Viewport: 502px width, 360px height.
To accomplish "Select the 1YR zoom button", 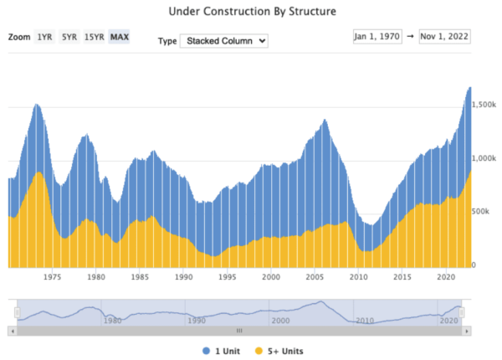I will point(44,38).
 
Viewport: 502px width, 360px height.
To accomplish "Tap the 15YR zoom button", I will point(94,38).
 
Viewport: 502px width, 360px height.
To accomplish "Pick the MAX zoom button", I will point(120,38).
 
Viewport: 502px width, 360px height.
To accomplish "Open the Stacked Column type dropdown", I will point(223,40).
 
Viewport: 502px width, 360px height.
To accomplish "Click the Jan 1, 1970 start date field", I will point(377,37).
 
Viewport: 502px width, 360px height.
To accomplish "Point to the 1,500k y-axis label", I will point(484,105).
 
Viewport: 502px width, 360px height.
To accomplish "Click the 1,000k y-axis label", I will point(484,158).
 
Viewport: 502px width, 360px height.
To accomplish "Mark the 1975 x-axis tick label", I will point(52,275).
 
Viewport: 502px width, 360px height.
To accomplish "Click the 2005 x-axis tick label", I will point(315,275).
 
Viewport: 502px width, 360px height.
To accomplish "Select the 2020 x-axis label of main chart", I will point(446,275).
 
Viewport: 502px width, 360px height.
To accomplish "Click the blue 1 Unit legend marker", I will point(207,350).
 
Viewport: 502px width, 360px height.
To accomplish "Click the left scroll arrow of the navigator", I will point(13,332).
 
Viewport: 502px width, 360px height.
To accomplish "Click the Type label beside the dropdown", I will point(166,40).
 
